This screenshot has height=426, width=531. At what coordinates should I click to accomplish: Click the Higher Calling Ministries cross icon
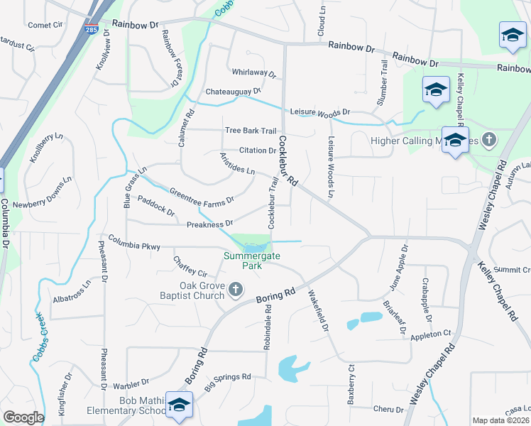point(488,140)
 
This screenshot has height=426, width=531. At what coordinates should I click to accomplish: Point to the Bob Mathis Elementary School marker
point(180,404)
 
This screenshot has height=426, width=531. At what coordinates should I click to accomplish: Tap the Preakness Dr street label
point(209,224)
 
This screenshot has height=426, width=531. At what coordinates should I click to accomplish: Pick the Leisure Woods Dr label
point(320,112)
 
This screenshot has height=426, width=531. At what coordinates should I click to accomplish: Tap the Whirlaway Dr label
point(253,72)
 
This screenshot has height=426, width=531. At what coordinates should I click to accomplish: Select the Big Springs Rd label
point(228,382)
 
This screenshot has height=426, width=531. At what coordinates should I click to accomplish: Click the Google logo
point(23,417)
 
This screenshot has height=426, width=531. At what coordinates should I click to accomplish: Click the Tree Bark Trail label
point(250,131)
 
